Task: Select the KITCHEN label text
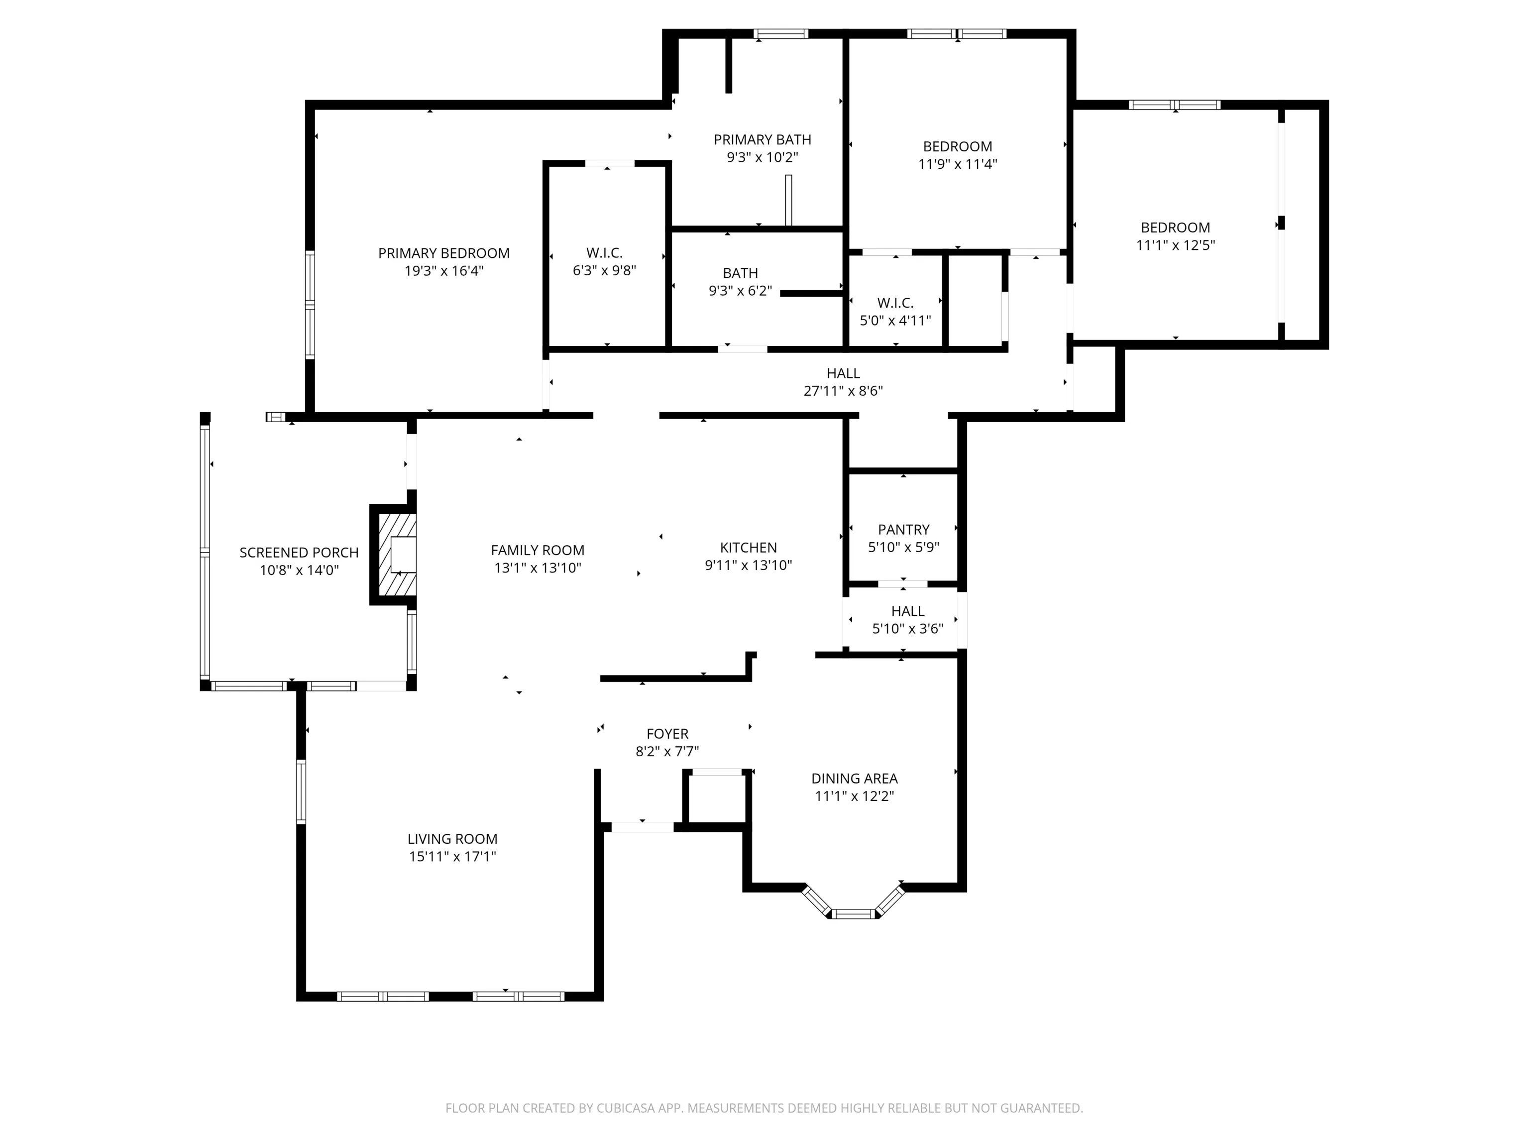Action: (x=748, y=548)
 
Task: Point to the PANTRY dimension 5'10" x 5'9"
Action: (x=903, y=548)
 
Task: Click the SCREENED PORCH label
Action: (x=299, y=553)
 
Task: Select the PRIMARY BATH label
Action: (x=763, y=140)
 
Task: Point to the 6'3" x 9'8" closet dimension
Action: (x=604, y=270)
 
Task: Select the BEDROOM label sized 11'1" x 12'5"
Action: (x=1175, y=228)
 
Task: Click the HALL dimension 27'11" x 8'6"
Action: (x=843, y=391)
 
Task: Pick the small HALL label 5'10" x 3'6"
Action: (x=907, y=611)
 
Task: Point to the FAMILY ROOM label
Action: (x=538, y=550)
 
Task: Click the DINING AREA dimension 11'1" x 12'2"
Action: (x=855, y=796)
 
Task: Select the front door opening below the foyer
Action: (x=642, y=826)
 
